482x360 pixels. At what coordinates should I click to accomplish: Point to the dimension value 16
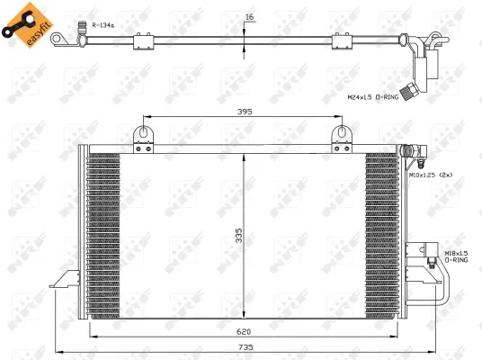248,17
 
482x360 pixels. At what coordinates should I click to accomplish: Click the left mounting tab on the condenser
142,134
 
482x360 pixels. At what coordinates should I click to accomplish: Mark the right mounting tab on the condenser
341,134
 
